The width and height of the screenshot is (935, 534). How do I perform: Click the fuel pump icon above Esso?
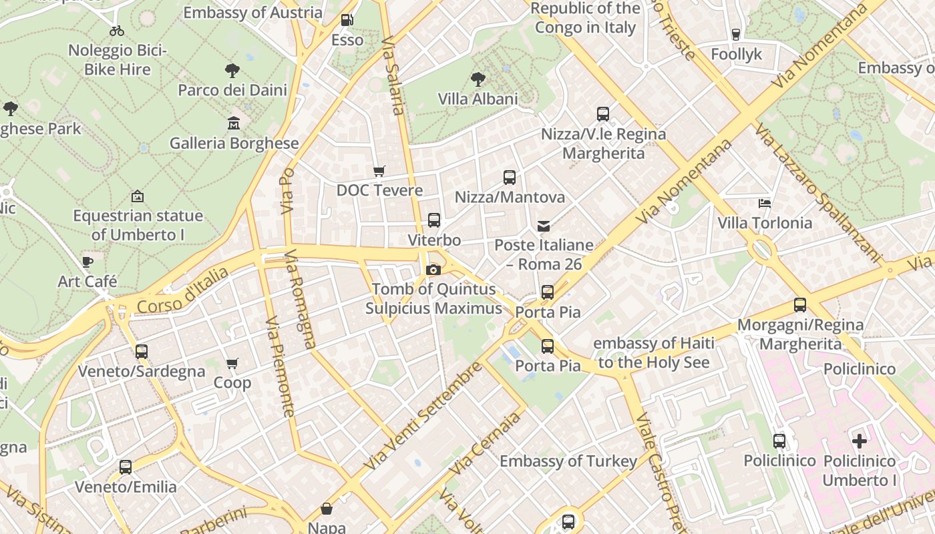(x=346, y=20)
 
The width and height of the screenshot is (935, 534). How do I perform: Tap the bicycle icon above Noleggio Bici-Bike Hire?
(x=117, y=31)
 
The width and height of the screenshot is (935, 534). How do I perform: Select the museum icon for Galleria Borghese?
(x=234, y=123)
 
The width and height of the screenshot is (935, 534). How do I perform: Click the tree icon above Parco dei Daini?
(x=232, y=70)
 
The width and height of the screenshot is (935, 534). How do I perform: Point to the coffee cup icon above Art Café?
(x=87, y=262)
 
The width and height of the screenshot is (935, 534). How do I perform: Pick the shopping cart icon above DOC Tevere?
(x=379, y=171)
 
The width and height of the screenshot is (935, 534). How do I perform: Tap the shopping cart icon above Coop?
(x=232, y=364)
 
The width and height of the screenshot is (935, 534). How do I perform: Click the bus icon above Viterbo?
(x=434, y=220)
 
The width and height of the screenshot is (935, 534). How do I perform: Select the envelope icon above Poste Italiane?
(x=544, y=226)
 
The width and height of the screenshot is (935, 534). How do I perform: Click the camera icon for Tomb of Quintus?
(x=433, y=270)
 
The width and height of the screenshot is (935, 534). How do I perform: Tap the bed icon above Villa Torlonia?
(x=765, y=203)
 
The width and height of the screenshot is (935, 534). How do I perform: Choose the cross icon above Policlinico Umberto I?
(x=860, y=441)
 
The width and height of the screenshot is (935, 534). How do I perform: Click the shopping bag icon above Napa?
(x=327, y=509)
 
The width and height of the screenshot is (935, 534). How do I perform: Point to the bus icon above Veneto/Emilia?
(x=126, y=467)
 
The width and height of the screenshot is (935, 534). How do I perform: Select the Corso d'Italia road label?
(x=182, y=291)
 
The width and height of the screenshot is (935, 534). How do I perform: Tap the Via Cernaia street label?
(x=485, y=443)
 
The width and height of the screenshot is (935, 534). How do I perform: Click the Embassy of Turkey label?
(x=568, y=461)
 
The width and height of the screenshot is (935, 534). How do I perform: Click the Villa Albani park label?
(x=478, y=99)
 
